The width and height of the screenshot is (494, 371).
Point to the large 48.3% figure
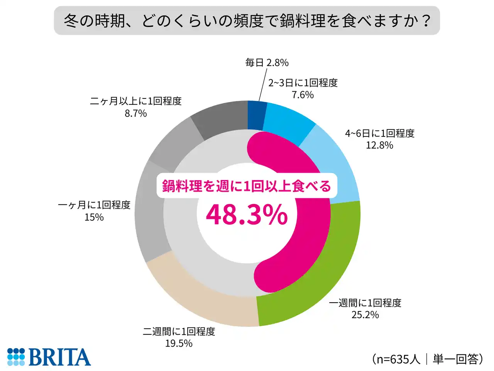coord(247,215)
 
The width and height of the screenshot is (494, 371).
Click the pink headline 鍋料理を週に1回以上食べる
coord(247,186)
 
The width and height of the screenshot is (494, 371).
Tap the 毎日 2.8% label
coord(267,63)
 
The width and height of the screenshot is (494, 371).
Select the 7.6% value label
coord(303,95)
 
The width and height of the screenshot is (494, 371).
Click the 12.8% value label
coord(379,145)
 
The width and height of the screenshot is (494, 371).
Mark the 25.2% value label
coord(365,315)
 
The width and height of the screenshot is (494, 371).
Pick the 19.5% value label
coord(179,343)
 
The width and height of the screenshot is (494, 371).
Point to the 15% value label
coord(94,217)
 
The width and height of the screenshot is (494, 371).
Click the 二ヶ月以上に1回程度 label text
coord(136,101)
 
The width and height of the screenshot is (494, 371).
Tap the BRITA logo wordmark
coord(59,357)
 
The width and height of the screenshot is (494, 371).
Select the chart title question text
coord(247,20)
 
